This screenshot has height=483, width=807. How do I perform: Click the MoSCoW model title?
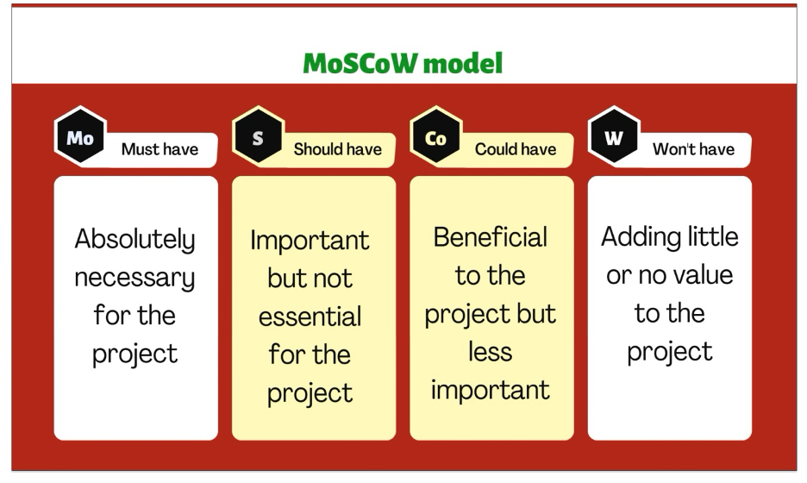[x=403, y=63]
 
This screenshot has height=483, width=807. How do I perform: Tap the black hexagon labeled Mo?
[x=80, y=136]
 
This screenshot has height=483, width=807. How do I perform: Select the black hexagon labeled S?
[x=258, y=136]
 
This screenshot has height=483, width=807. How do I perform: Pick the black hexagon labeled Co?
[x=436, y=136]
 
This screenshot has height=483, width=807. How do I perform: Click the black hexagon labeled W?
[x=614, y=136]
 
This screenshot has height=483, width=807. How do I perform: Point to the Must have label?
[x=160, y=149]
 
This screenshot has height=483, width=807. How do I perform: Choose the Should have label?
[x=338, y=149]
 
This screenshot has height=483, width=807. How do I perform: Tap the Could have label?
[x=516, y=149]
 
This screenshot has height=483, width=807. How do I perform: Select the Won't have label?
[x=694, y=149]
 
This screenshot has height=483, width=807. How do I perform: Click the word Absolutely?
[x=134, y=239]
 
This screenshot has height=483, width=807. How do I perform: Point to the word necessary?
[x=134, y=278]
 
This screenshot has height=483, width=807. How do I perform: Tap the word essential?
[x=310, y=317]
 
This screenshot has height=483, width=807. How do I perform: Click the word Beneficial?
[x=490, y=237]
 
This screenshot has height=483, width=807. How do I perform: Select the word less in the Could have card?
[x=490, y=352]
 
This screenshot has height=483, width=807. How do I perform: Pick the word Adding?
[x=635, y=238]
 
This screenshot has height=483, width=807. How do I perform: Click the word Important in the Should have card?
[x=310, y=241]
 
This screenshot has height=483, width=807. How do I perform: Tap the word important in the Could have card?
[x=490, y=391]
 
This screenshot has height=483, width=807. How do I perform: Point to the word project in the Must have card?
[x=134, y=354]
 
